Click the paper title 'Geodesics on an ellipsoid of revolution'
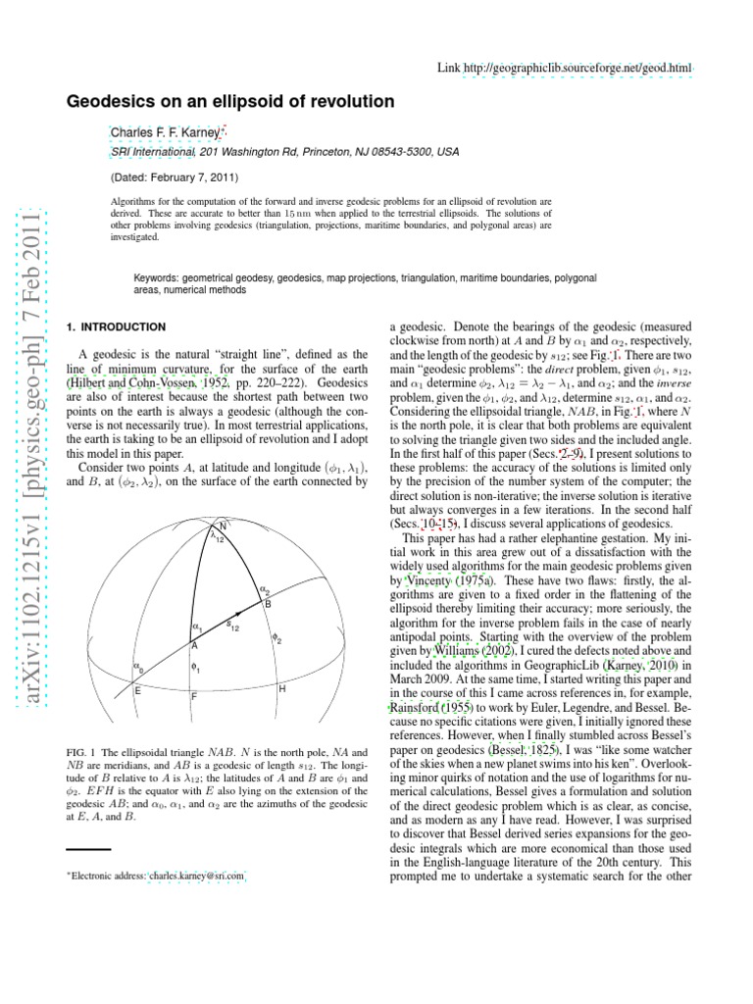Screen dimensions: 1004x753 coord(229,101)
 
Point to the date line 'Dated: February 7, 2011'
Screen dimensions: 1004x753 coord(174,178)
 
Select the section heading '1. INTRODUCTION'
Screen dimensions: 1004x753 coord(115,326)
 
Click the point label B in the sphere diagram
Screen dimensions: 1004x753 coord(268,604)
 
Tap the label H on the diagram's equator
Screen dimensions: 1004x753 coord(281,691)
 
